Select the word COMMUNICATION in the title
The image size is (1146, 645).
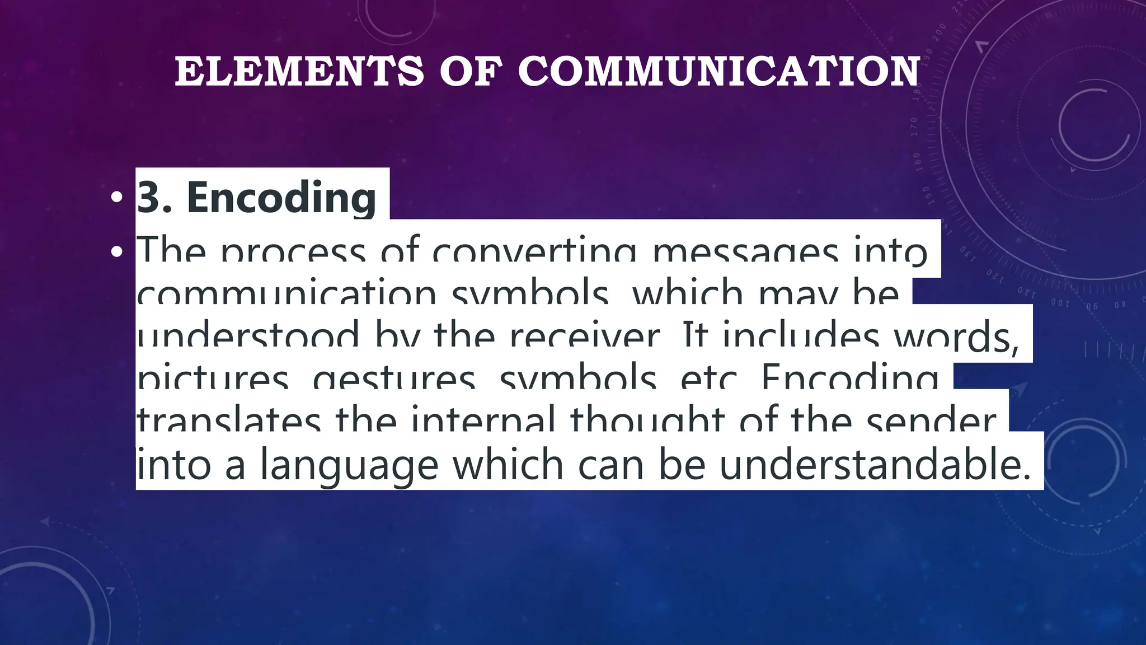[x=719, y=72]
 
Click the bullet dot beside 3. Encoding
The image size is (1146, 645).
[x=116, y=198]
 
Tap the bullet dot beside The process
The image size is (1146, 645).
[x=116, y=252]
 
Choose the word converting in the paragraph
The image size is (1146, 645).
[x=534, y=252]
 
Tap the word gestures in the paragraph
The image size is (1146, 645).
[x=394, y=378]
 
